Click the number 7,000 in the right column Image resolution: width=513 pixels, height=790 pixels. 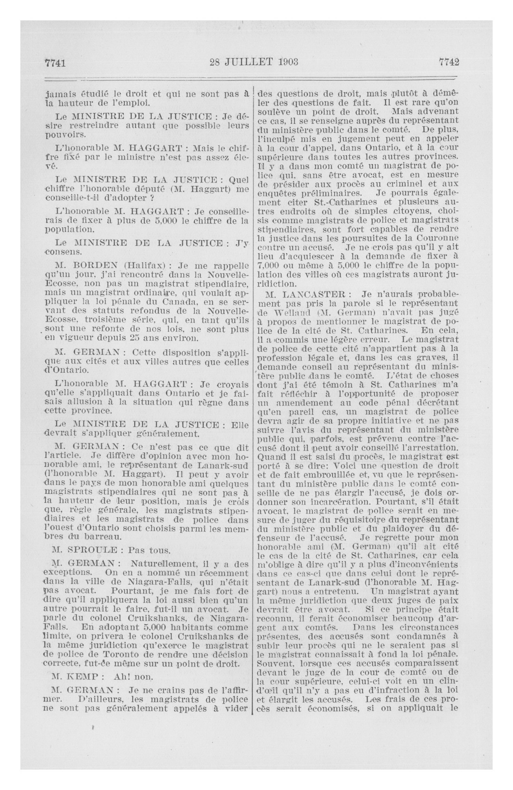269,266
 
